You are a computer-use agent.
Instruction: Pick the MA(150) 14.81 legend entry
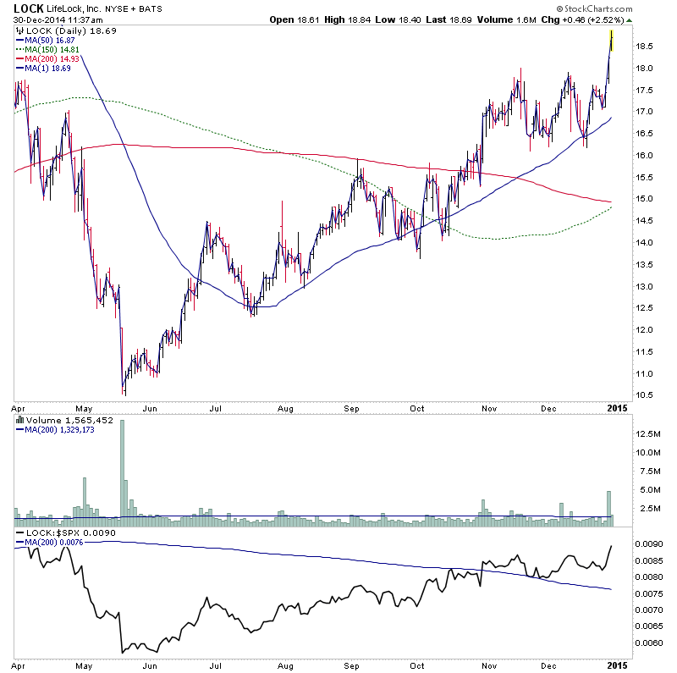43,49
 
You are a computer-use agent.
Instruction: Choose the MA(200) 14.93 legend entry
43,58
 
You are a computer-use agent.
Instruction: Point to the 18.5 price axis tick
645,47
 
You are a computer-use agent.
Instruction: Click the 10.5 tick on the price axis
645,395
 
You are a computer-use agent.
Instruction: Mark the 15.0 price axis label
645,199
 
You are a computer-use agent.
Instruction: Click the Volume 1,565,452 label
58,419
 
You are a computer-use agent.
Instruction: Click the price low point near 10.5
124,392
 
